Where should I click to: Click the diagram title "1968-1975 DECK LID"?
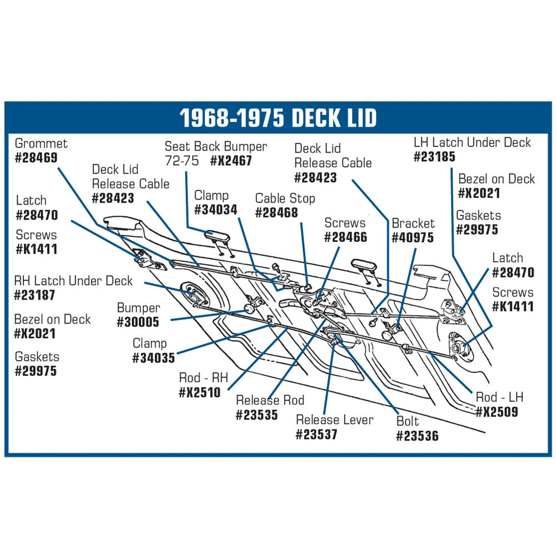(x=278, y=118)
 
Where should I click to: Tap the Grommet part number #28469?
(x=36, y=158)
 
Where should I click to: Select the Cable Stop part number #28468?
(x=276, y=213)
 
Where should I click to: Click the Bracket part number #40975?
(x=413, y=237)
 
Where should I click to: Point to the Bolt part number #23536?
(x=418, y=436)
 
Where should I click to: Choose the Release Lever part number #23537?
(x=317, y=434)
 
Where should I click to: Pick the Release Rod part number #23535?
(x=257, y=415)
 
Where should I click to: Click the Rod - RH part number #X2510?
(x=200, y=393)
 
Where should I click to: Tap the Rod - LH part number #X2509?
(x=497, y=412)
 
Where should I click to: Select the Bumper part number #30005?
(x=138, y=322)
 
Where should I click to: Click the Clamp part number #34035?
(x=153, y=358)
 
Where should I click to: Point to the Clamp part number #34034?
(x=216, y=210)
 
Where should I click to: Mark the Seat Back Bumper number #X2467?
(x=231, y=161)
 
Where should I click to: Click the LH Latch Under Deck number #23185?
(x=434, y=157)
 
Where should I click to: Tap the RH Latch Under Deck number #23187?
(x=34, y=295)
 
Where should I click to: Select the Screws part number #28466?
(x=346, y=237)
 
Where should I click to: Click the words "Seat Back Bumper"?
(x=216, y=146)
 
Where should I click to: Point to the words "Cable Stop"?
(x=285, y=198)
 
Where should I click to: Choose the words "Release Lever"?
(x=335, y=420)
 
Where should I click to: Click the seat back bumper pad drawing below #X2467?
(x=217, y=236)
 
